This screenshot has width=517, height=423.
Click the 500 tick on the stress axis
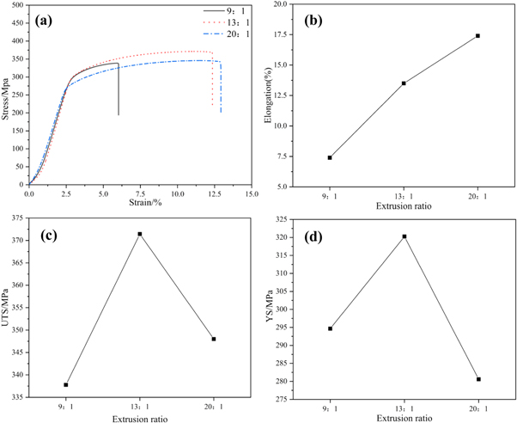(17, 4)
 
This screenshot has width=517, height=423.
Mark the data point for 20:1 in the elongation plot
(477, 36)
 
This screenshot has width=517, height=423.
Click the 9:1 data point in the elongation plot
(330, 157)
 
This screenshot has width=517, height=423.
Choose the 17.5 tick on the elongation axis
(290, 35)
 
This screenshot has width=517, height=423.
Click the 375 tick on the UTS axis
(17, 219)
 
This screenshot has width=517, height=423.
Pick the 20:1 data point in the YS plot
(477, 379)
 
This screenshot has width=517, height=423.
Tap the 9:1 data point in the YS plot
(330, 328)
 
